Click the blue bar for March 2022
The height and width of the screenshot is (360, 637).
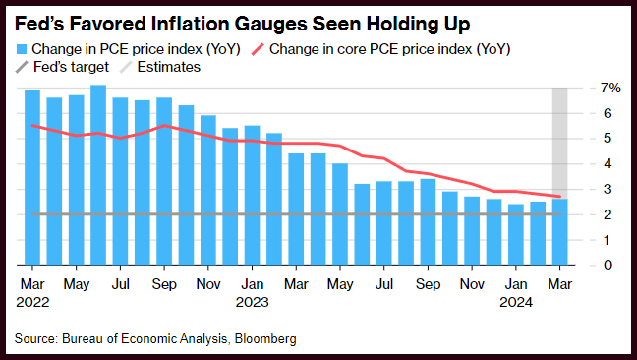32,178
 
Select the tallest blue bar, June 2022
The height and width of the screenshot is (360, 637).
98,175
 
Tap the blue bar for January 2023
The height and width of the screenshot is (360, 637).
253,196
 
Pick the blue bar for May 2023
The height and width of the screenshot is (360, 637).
340,214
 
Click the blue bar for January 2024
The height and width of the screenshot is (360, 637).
516,234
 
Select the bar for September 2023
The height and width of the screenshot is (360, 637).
428,222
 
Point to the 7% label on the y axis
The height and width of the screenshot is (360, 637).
610,88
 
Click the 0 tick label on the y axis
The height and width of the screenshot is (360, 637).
608,265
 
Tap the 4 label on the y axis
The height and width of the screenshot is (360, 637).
608,163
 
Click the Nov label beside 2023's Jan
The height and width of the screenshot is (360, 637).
208,284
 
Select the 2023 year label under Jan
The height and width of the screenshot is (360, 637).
253,302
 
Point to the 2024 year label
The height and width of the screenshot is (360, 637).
516,302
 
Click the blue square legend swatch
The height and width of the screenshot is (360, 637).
22,49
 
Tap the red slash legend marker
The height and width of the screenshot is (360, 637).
258,49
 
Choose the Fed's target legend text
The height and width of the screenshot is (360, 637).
71,67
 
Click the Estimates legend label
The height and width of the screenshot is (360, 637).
169,67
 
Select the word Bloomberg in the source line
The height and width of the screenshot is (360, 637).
265,339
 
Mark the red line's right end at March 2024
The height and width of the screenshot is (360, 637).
559,197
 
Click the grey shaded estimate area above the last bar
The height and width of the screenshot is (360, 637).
559,143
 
